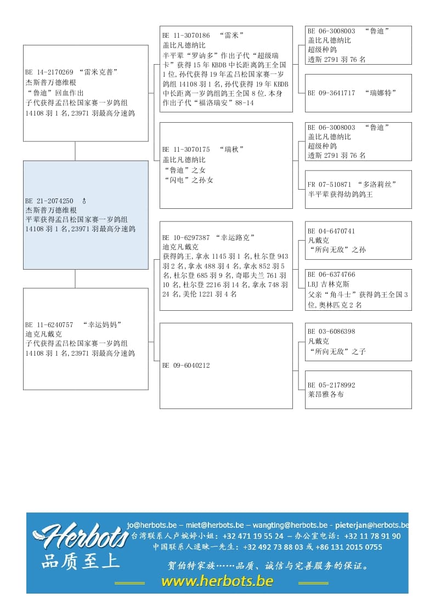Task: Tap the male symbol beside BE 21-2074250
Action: [84, 201]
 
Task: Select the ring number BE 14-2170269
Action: [49, 72]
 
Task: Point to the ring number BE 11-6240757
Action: [49, 324]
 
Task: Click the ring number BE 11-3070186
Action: [186, 36]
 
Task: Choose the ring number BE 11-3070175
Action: [186, 149]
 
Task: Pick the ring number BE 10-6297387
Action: [186, 238]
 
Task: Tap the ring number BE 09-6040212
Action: [186, 366]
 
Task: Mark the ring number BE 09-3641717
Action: [331, 93]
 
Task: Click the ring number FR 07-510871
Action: [329, 185]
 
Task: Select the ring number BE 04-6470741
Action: [331, 231]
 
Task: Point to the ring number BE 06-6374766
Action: [331, 275]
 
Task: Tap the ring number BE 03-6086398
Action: [331, 332]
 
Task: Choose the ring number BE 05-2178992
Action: [331, 385]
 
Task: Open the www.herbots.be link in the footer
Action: [217, 582]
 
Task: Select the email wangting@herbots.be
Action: [290, 525]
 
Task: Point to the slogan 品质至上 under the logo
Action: [80, 562]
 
